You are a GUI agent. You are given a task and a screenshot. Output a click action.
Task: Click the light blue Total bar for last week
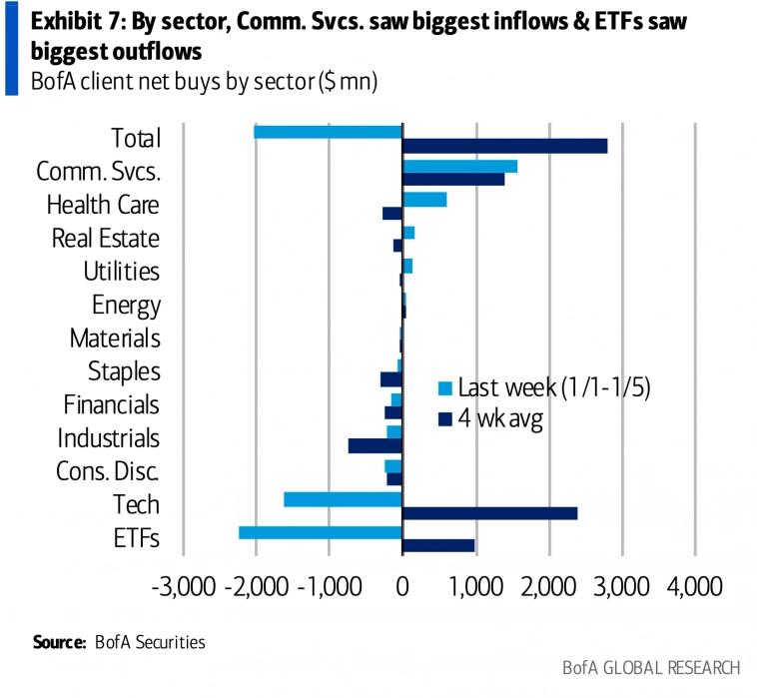click(328, 131)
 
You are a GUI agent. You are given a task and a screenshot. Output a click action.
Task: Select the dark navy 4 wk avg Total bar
click(504, 146)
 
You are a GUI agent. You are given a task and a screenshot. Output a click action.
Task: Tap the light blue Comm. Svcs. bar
click(459, 165)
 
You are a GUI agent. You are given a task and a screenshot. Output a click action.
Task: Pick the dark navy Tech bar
click(489, 513)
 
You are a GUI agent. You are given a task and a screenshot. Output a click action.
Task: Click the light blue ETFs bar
click(321, 532)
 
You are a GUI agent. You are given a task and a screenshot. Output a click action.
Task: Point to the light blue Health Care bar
click(424, 199)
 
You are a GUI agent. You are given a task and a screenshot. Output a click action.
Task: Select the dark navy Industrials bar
click(375, 445)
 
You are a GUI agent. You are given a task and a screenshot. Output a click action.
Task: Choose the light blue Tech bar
click(343, 498)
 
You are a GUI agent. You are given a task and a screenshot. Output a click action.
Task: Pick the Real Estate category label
click(105, 238)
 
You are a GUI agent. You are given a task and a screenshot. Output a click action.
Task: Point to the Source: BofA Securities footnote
click(119, 642)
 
